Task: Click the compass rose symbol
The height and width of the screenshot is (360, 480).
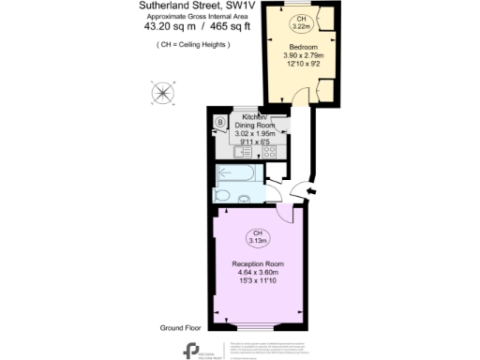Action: (164, 93)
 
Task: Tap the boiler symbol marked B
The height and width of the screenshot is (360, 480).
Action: (220, 122)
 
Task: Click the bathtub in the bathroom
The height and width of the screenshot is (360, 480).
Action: (238, 173)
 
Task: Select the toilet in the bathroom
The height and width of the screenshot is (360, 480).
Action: (243, 196)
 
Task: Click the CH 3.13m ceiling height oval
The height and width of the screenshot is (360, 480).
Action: (255, 237)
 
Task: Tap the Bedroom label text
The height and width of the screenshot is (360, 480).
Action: (301, 46)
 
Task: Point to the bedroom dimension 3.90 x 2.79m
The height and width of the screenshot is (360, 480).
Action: (301, 55)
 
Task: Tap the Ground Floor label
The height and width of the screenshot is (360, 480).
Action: (180, 328)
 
